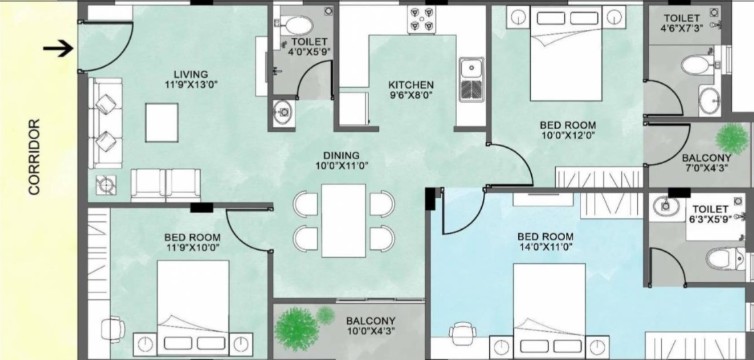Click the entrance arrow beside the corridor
point(58,49)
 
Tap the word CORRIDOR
point(34,157)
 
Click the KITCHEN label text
point(411,85)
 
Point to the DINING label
point(341,156)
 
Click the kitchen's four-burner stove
point(422,20)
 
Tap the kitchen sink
point(472,79)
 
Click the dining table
point(343,221)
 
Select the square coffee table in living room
point(162,122)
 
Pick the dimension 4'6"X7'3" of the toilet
point(682,28)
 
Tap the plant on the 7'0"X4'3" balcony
point(731,139)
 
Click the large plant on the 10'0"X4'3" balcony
point(297,329)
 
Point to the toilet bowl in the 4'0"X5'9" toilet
point(293,25)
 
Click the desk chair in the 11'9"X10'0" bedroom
point(113,330)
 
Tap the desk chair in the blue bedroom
point(463,332)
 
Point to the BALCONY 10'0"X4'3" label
point(371,325)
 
